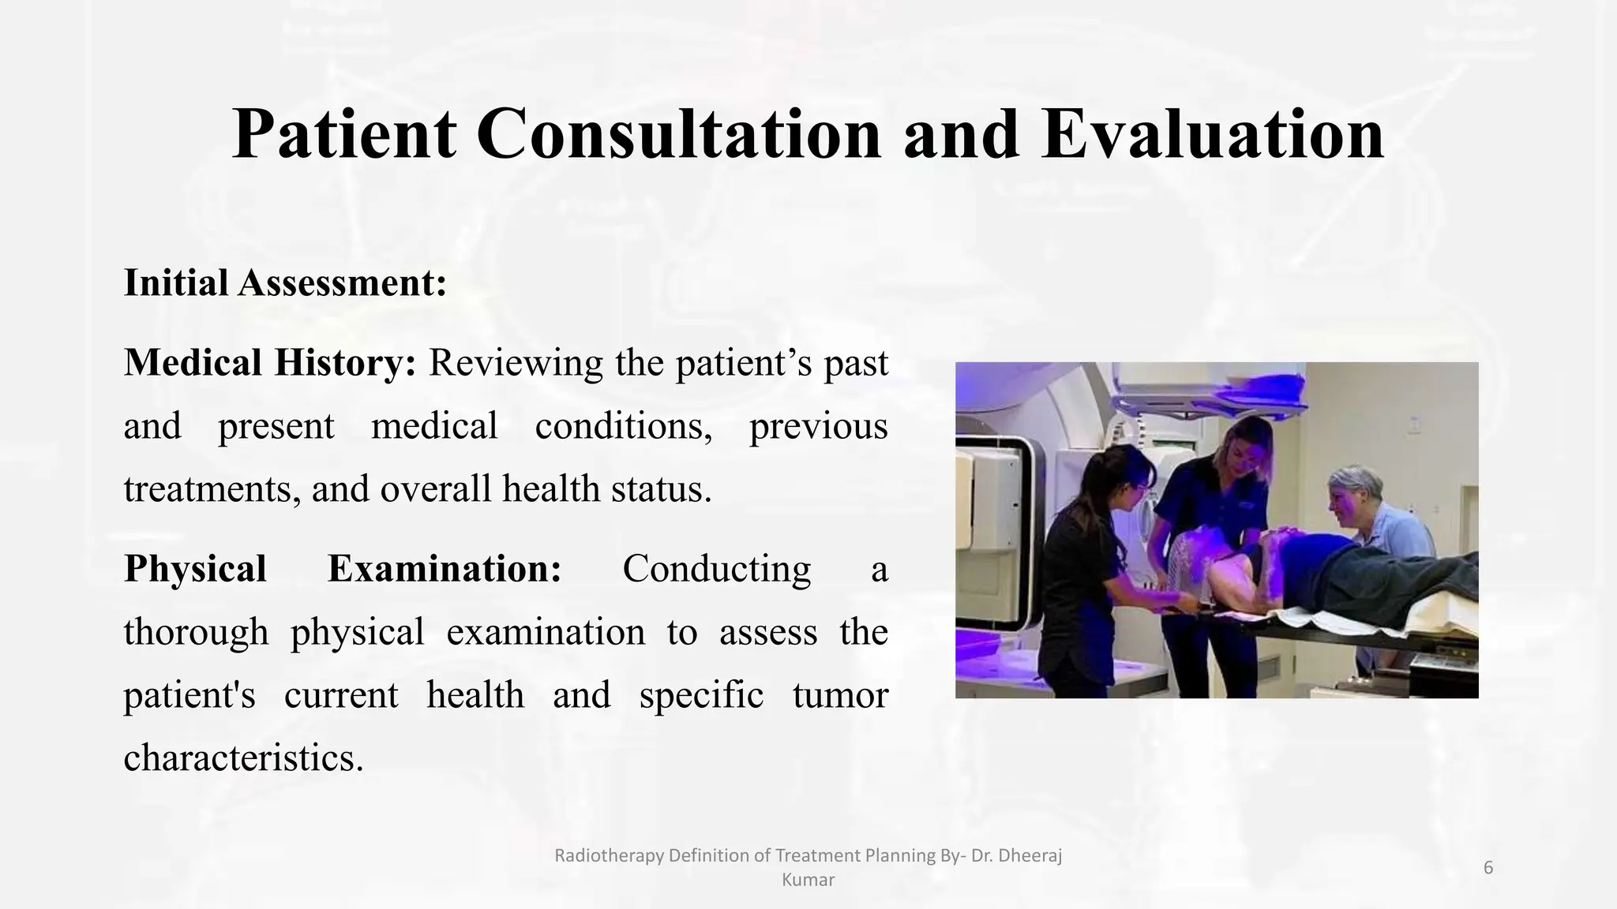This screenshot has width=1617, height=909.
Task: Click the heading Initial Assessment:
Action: (x=285, y=282)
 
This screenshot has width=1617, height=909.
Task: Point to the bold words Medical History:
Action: (x=270, y=363)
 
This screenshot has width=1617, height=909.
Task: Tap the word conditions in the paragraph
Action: (x=623, y=426)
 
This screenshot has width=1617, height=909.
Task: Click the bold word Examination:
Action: (x=445, y=569)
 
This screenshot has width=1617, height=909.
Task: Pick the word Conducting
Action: (x=716, y=569)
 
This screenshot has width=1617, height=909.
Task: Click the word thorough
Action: (x=196, y=632)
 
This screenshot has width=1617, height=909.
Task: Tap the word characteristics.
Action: (x=243, y=758)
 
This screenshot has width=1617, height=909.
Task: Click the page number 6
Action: (x=1488, y=868)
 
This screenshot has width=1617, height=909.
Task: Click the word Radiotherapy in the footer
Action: (x=610, y=855)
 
